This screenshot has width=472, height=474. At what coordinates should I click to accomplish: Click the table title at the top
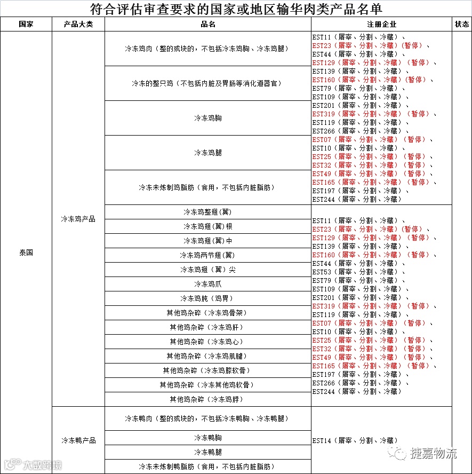pyautogui.click(x=236, y=9)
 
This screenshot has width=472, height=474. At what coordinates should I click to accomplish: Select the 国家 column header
pyautogui.click(x=26, y=25)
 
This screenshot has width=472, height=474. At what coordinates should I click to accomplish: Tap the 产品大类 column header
pyautogui.click(x=78, y=25)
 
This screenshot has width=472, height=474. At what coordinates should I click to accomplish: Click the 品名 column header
pyautogui.click(x=208, y=25)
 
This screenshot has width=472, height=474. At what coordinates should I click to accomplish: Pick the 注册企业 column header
pyautogui.click(x=381, y=25)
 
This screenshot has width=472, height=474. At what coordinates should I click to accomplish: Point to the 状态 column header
pyautogui.click(x=461, y=25)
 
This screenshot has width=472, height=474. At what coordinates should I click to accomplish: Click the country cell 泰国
pyautogui.click(x=26, y=252)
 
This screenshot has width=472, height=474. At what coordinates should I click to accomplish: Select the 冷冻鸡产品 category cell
pyautogui.click(x=78, y=219)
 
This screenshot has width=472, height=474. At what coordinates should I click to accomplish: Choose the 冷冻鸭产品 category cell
pyautogui.click(x=78, y=440)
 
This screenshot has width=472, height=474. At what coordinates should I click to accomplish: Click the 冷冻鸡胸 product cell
pyautogui.click(x=208, y=118)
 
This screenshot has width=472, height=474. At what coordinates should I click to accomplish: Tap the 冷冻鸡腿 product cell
pyautogui.click(x=208, y=153)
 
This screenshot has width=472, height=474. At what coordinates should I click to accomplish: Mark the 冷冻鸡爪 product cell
pyautogui.click(x=208, y=284)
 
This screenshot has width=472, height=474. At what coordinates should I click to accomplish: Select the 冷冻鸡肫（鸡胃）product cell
pyautogui.click(x=208, y=298)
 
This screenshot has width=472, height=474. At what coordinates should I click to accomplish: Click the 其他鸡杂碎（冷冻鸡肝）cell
pyautogui.click(x=208, y=327)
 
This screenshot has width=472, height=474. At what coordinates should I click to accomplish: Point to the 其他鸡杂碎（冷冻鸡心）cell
pyautogui.click(x=208, y=342)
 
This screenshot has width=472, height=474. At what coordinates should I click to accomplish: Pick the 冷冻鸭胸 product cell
pyautogui.click(x=208, y=438)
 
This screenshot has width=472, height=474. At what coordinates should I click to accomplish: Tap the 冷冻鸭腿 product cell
pyautogui.click(x=208, y=452)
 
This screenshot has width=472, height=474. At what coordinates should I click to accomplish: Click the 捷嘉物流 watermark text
pyautogui.click(x=433, y=454)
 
